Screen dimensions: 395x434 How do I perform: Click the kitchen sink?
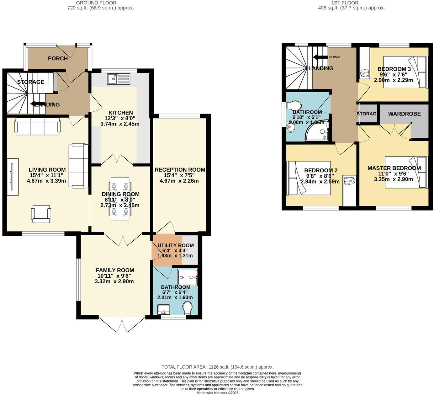(119, 79)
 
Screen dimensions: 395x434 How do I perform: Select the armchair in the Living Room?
(41, 214)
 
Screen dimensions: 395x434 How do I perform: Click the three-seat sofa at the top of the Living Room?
(38, 126)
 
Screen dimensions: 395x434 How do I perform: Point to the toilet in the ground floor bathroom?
(188, 308)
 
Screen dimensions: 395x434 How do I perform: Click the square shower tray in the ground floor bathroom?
(188, 277)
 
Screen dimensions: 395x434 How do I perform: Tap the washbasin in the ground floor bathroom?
(163, 309)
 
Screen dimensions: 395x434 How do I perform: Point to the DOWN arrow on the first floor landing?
(320, 57)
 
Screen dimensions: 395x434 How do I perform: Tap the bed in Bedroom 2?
(309, 178)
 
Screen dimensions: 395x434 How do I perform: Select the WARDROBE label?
(404, 114)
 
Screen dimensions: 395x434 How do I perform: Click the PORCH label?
(58, 58)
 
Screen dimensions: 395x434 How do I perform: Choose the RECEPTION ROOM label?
(180, 170)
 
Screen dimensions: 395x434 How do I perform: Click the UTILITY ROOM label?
(175, 245)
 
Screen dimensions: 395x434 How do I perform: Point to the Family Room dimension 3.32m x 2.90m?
(114, 281)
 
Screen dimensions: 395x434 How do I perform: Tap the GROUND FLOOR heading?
(96, 3)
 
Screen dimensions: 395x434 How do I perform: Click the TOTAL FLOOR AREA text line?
(217, 367)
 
